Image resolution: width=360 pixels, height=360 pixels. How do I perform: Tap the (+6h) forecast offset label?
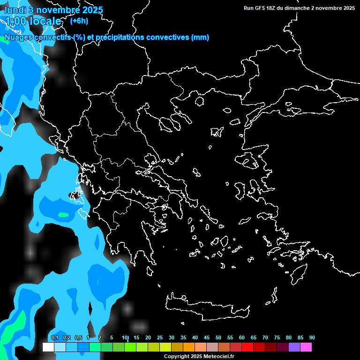(79, 21)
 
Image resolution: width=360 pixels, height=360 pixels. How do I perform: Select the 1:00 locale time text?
(33, 21)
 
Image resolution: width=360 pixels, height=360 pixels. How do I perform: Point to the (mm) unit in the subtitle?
(200, 37)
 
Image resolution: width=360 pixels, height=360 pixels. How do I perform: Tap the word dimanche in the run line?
(306, 8)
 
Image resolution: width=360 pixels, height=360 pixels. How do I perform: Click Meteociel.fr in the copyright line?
(219, 357)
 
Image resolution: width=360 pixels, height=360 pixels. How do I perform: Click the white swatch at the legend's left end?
(48, 347)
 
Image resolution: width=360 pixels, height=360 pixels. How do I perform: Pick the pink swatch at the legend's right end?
(306, 347)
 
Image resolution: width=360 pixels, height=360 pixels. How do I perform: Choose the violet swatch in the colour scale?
(294, 347)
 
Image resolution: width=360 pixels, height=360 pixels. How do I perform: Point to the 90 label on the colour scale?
(312, 337)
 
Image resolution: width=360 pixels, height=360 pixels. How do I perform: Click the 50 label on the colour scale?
(218, 337)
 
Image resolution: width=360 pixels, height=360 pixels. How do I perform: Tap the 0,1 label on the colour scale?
(54, 337)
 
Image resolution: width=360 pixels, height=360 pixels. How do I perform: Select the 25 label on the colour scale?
(160, 337)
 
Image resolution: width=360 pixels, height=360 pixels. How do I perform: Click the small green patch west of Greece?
(62, 215)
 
